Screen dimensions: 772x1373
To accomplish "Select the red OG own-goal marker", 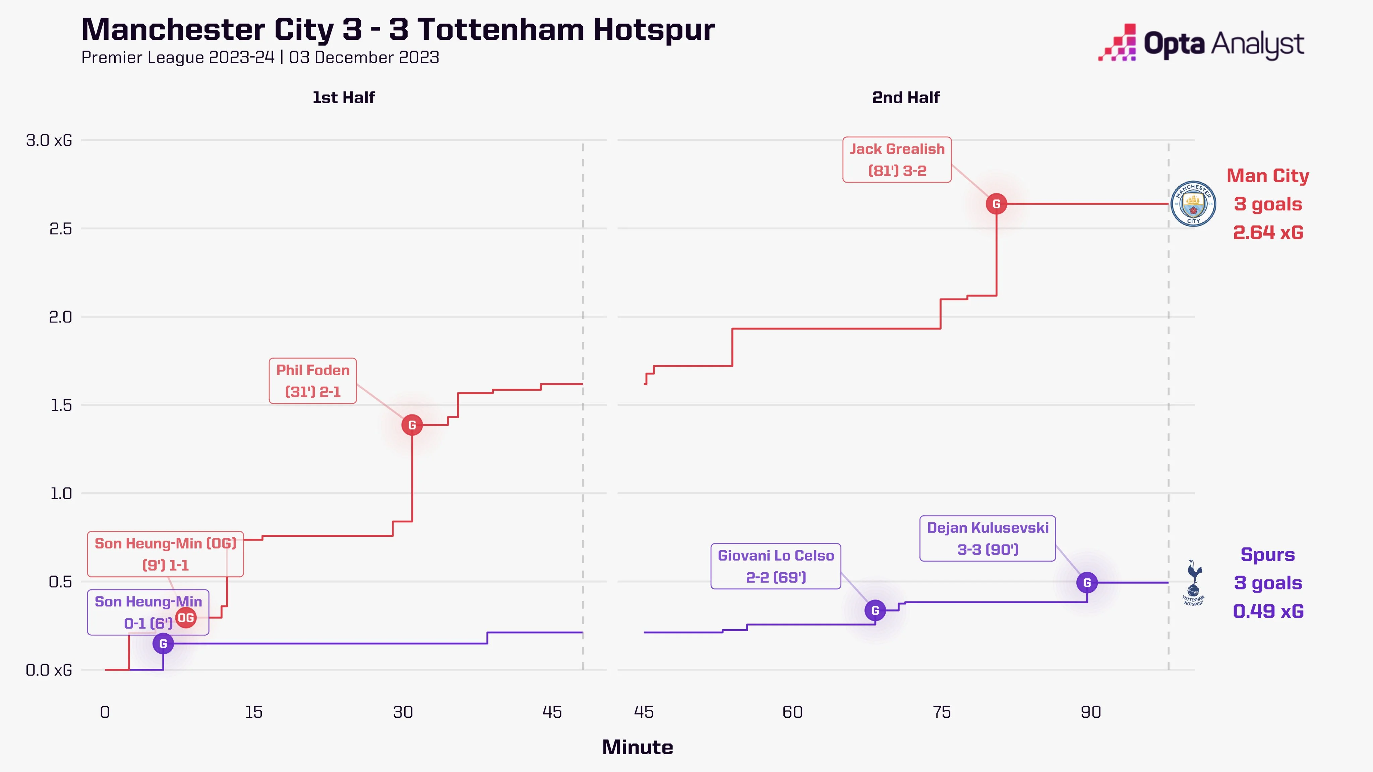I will (x=185, y=618).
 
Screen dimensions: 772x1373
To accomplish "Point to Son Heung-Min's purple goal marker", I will (x=163, y=644).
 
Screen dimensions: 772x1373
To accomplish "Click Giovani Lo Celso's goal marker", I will (x=875, y=610).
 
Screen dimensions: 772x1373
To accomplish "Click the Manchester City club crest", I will (x=1193, y=204).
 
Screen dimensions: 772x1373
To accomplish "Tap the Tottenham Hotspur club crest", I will (x=1193, y=583).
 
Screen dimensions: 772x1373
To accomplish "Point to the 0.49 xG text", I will (x=1268, y=611).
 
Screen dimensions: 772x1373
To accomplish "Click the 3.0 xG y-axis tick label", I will (x=49, y=141).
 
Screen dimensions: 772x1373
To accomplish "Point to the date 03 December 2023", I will (x=364, y=58).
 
